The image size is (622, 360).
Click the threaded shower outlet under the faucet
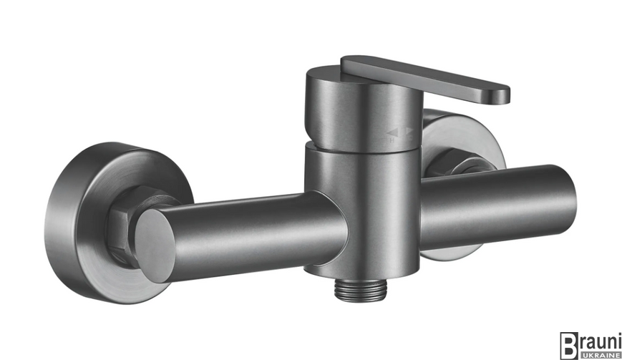pyautogui.click(x=360, y=291)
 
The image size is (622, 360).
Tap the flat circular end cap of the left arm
pyautogui.click(x=155, y=245)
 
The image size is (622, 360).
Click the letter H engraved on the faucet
pyautogui.click(x=392, y=139)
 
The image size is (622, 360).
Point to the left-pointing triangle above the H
pyautogui.click(x=392, y=132)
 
